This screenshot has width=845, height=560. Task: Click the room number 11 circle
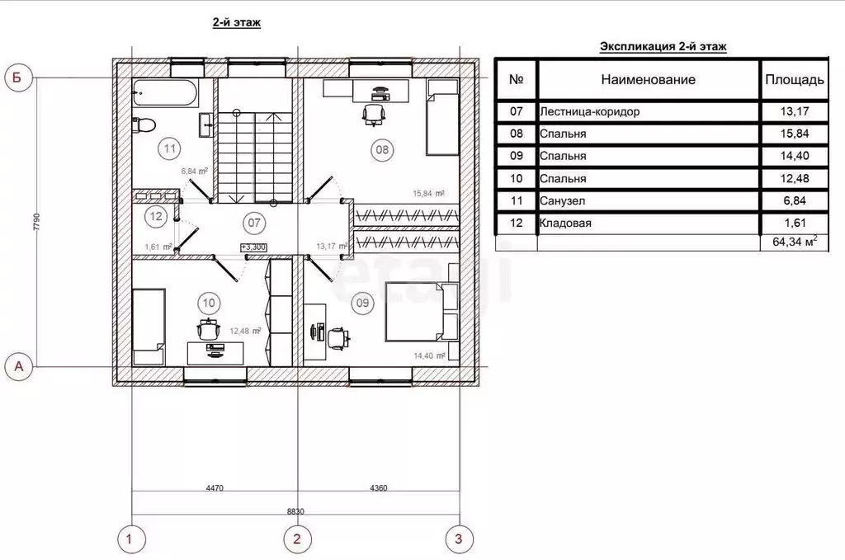(170, 148)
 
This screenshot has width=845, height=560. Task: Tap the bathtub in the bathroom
(165, 92)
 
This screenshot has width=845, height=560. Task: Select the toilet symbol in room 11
(144, 125)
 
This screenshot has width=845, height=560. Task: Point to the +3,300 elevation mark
(253, 247)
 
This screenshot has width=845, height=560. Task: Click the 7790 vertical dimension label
(36, 222)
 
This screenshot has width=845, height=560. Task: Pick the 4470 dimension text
(215, 488)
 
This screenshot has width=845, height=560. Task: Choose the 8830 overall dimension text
(295, 511)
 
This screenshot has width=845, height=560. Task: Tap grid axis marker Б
(18, 78)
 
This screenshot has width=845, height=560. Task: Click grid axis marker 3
(459, 539)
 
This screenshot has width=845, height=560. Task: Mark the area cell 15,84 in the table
(795, 134)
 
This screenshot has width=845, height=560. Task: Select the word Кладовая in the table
(565, 223)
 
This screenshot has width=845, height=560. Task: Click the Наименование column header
(649, 80)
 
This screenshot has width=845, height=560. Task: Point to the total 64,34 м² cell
(795, 242)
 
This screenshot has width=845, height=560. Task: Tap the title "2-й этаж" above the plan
(237, 22)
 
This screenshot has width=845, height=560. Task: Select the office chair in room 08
(374, 114)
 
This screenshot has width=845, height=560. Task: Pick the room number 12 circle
(156, 216)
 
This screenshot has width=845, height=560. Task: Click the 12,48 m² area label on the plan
(245, 332)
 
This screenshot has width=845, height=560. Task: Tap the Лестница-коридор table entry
(590, 112)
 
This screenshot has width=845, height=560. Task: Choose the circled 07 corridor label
(254, 223)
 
